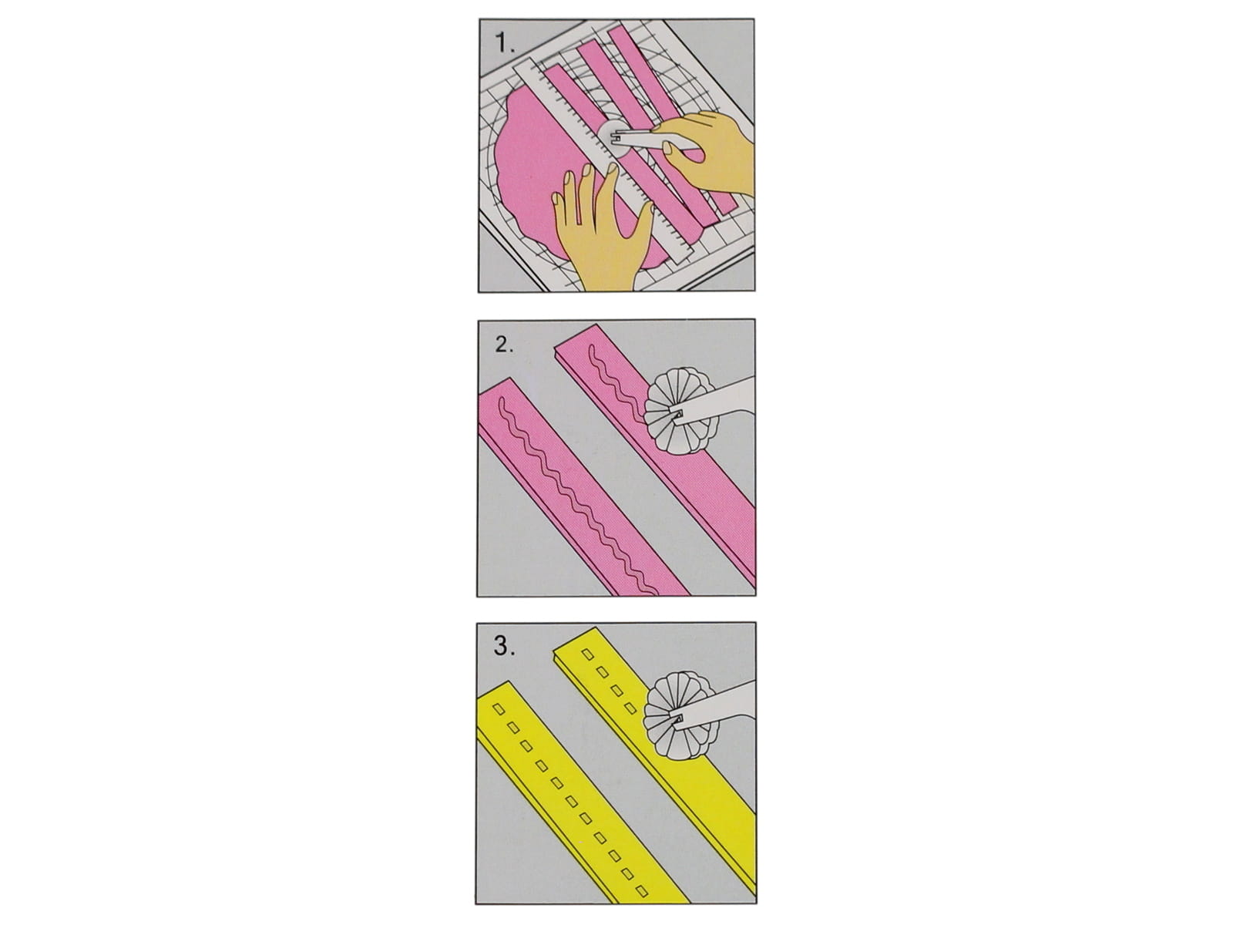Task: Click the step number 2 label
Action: pyautogui.click(x=505, y=345)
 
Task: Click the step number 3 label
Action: pyautogui.click(x=505, y=646)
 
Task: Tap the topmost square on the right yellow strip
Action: pyautogui.click(x=587, y=654)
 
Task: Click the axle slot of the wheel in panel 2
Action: pyautogui.click(x=678, y=414)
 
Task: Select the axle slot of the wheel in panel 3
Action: pyautogui.click(x=678, y=718)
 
